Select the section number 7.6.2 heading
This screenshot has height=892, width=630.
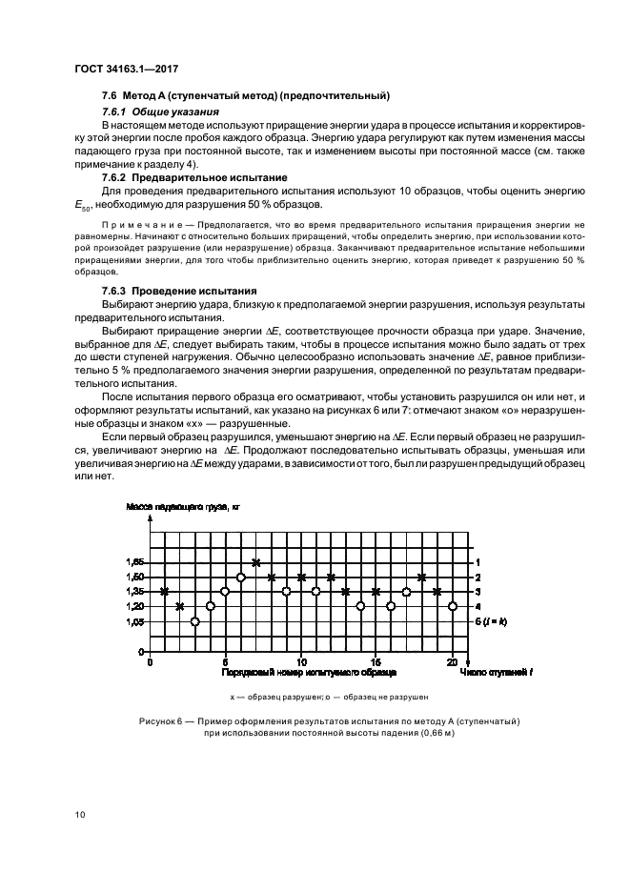click(x=117, y=178)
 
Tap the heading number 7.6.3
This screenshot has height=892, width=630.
click(x=117, y=290)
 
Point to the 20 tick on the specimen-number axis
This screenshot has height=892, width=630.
click(x=452, y=661)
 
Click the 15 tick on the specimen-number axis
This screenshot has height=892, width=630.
click(x=376, y=661)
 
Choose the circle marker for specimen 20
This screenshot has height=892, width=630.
click(x=452, y=606)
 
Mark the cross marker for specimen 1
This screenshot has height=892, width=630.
click(x=165, y=592)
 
